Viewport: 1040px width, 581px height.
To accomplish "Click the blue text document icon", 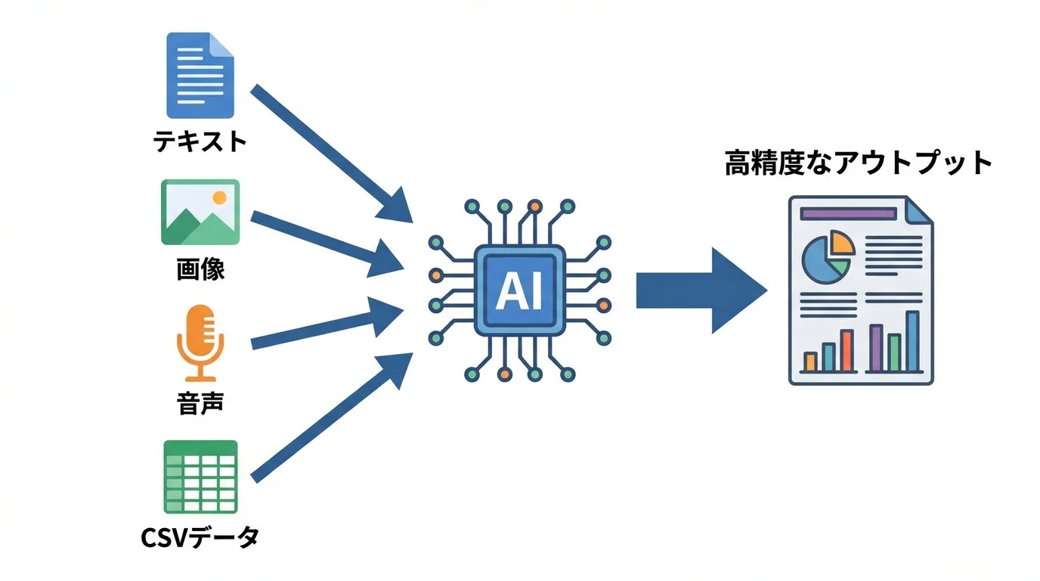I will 200,75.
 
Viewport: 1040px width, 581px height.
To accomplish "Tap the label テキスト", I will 200,141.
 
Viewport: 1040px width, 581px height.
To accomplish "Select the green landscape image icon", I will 200,213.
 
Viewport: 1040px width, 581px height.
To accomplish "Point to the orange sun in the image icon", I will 219,197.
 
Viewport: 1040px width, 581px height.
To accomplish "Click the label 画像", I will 200,270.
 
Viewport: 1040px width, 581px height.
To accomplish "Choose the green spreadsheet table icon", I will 200,477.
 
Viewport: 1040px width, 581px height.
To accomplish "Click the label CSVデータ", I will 200,537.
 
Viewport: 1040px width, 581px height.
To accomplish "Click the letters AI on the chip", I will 519,291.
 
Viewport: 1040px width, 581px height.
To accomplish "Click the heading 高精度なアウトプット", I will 859,163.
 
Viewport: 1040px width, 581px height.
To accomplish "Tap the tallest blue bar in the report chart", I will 912,341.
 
